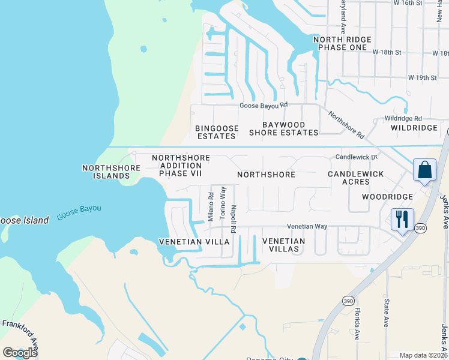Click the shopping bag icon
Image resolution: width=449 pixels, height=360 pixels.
425,169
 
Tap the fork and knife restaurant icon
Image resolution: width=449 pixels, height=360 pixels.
402,218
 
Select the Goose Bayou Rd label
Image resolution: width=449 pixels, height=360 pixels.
264,105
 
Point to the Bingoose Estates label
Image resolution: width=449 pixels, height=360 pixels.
217,132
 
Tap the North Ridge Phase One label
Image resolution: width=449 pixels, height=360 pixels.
342,43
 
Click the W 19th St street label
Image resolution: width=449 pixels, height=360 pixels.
422,78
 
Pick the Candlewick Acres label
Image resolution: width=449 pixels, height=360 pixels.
355,178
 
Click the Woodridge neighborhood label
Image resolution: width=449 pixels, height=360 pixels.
387,197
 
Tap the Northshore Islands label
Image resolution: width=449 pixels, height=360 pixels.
106,172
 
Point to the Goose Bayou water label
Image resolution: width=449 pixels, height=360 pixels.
79,212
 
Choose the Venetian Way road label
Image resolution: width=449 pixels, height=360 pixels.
307,226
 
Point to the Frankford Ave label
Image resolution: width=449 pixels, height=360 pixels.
20,330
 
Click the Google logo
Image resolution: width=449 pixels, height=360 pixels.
20,352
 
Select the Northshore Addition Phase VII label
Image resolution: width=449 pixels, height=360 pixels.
181,166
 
